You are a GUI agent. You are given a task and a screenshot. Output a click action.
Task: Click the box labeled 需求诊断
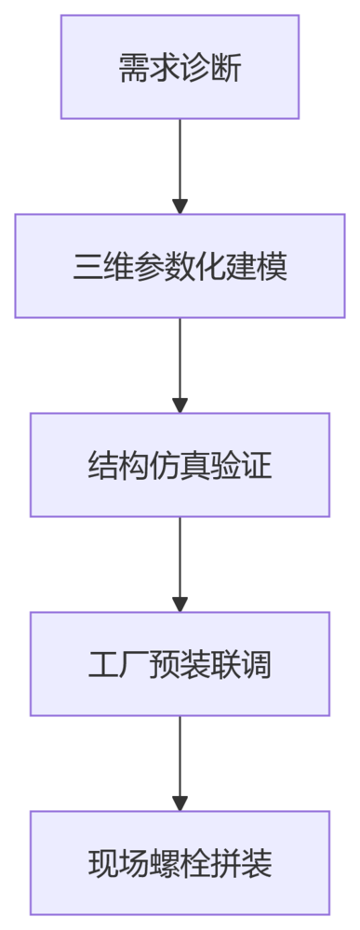pyautogui.click(x=180, y=67)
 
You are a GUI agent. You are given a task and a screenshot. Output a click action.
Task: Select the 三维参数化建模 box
pyautogui.click(x=180, y=266)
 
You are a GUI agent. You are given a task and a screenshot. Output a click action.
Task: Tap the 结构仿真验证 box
pyautogui.click(x=180, y=465)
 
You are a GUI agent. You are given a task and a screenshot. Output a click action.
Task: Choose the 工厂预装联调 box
pyautogui.click(x=180, y=664)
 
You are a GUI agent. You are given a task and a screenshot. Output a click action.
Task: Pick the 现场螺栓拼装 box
pyautogui.click(x=180, y=863)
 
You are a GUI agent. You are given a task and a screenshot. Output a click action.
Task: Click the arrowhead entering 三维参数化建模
pyautogui.click(x=180, y=206)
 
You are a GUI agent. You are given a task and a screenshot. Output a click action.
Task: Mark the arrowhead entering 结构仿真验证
pyautogui.click(x=180, y=405)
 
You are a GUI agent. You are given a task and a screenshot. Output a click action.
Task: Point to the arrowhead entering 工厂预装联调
pyautogui.click(x=180, y=604)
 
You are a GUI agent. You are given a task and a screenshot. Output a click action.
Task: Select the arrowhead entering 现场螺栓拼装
pyautogui.click(x=180, y=804)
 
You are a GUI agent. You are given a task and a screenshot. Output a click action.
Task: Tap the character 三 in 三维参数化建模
pyautogui.click(x=87, y=267)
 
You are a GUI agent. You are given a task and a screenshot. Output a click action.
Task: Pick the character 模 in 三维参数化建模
pyautogui.click(x=273, y=267)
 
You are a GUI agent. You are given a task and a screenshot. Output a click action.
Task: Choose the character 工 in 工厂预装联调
pyautogui.click(x=102, y=665)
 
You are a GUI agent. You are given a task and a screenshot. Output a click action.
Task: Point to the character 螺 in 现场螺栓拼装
pyautogui.click(x=165, y=864)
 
